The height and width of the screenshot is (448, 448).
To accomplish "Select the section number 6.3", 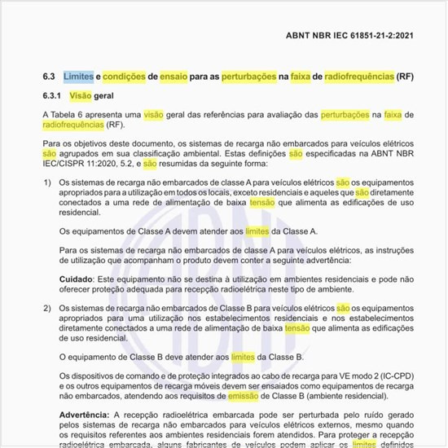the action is [x=48, y=77].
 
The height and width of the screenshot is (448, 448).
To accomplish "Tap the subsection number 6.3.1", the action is [x=52, y=96].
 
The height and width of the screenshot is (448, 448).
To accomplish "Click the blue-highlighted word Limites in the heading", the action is [x=77, y=77].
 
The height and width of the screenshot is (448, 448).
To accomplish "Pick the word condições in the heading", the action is [x=125, y=77].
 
